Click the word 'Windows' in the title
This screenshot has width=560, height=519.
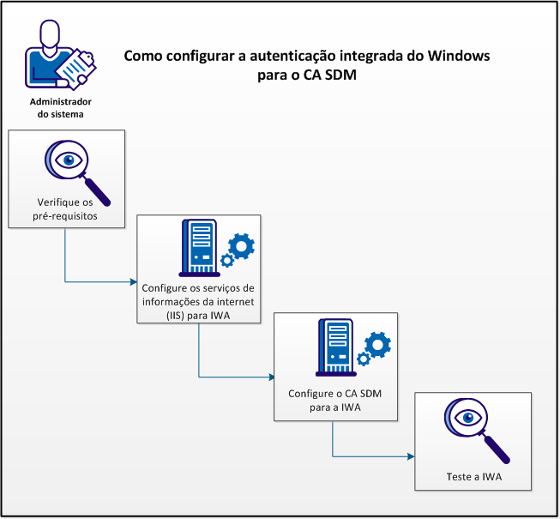(452, 56)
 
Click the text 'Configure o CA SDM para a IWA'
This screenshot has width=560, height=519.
(335, 401)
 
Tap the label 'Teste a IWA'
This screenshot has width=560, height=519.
(473, 476)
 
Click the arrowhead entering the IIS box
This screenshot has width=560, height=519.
(134, 281)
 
